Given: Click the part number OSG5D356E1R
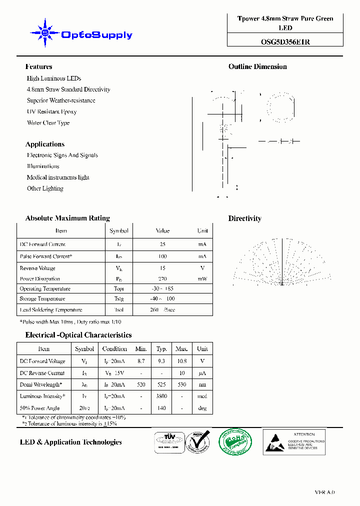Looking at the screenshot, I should [x=285, y=42].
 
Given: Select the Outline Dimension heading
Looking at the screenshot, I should [x=257, y=66].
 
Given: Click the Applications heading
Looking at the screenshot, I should [x=45, y=144].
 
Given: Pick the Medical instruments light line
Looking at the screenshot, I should [x=58, y=177].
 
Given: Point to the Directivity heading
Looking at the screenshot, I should [x=244, y=218].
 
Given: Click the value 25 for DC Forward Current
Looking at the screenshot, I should [x=162, y=244].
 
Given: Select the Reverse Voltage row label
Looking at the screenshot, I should [x=38, y=268].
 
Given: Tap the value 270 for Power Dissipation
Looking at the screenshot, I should [x=162, y=279].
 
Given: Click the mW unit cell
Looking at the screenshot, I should [x=202, y=279].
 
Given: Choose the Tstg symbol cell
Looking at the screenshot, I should [x=118, y=299].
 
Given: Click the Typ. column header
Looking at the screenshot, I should [x=161, y=349].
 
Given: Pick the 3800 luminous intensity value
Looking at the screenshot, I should [x=161, y=396].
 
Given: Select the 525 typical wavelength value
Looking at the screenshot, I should [x=161, y=384].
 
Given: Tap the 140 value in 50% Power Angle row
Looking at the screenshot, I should [x=161, y=408].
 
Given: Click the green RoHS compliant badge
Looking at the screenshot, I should [x=235, y=441].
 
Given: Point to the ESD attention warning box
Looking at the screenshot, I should [x=294, y=441].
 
